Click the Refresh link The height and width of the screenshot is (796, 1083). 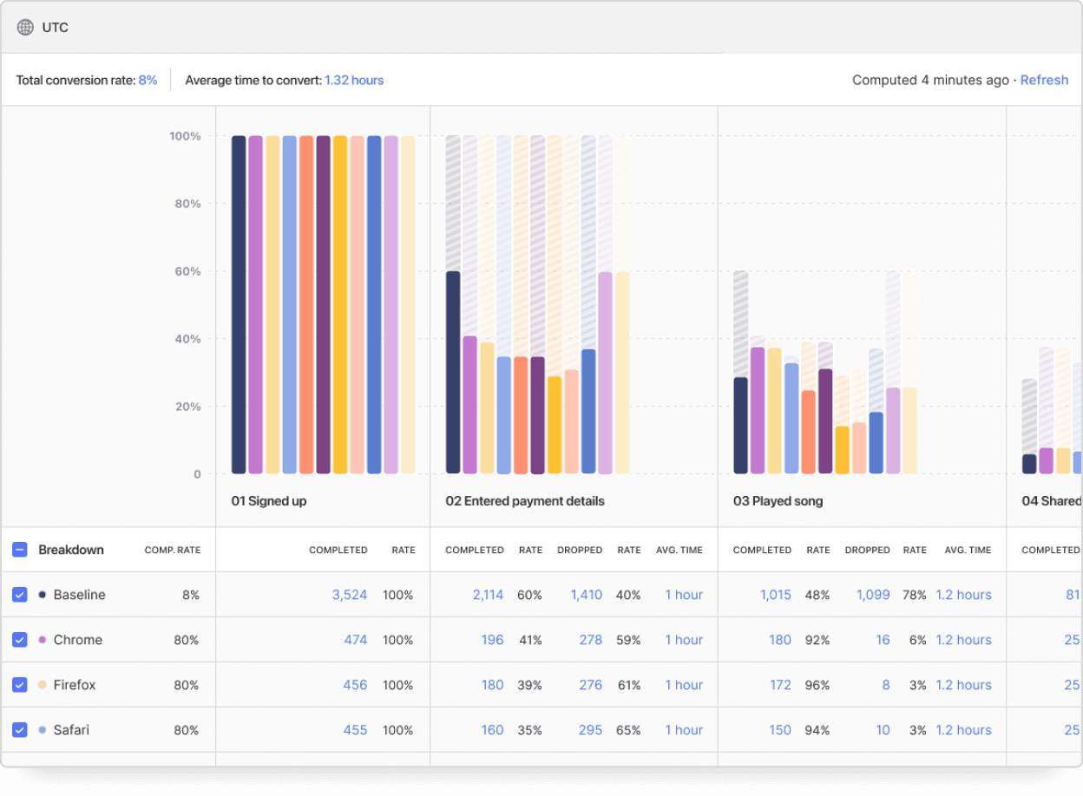pyautogui.click(x=1044, y=80)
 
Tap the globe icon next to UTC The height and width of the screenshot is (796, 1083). pyautogui.click(x=25, y=28)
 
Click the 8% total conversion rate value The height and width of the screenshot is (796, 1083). pyautogui.click(x=148, y=80)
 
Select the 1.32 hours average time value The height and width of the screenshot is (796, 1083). pyautogui.click(x=354, y=80)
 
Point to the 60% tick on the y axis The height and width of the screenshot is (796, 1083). pyautogui.click(x=184, y=271)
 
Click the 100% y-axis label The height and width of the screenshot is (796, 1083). pyautogui.click(x=184, y=136)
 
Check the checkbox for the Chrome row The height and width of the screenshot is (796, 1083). pyautogui.click(x=20, y=640)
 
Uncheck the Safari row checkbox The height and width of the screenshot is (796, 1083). pyautogui.click(x=20, y=730)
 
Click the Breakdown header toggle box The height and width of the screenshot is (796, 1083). pyautogui.click(x=20, y=550)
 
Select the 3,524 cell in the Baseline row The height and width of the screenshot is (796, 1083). pyautogui.click(x=349, y=595)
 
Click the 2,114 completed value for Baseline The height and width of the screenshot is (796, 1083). pyautogui.click(x=488, y=595)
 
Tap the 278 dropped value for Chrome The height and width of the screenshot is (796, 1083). pyautogui.click(x=590, y=640)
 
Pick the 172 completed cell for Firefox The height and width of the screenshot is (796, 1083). pyautogui.click(x=780, y=685)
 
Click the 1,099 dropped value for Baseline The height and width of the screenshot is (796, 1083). pyautogui.click(x=873, y=595)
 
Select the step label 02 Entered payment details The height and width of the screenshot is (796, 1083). pyautogui.click(x=525, y=501)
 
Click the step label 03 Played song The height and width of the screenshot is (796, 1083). pyautogui.click(x=778, y=501)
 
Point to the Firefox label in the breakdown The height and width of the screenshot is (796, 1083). pyautogui.click(x=75, y=685)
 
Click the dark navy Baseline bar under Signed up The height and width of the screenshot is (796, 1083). pyautogui.click(x=239, y=303)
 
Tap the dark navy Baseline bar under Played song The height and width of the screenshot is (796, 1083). pyautogui.click(x=740, y=425)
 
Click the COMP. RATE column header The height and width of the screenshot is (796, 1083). pyautogui.click(x=172, y=550)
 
